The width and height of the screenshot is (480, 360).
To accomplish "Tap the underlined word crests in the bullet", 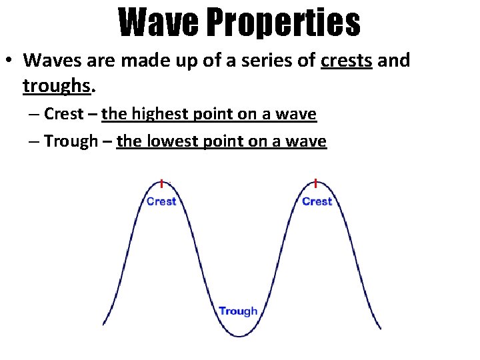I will tap(346, 60).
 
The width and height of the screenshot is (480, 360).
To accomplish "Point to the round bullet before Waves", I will tap(9, 61).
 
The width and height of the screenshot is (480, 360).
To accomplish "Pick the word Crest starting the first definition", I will tap(65, 114).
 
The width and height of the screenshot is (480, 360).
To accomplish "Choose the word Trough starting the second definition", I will tap(71, 141).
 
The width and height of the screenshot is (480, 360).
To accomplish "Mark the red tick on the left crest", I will tap(161, 183).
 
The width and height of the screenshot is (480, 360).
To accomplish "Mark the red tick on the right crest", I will tap(315, 183).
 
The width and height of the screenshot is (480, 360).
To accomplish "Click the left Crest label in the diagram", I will tap(161, 201).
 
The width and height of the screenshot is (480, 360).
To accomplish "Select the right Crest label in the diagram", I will tap(317, 201).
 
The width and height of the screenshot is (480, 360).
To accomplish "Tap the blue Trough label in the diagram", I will tap(238, 311).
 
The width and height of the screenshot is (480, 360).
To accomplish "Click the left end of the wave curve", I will tap(103, 324).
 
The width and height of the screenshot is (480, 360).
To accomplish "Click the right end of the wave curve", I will tap(380, 327).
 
